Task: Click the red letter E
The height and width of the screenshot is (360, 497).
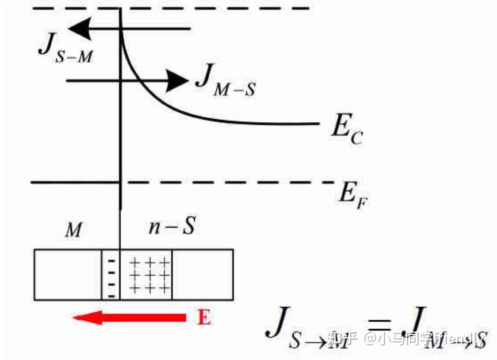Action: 204,317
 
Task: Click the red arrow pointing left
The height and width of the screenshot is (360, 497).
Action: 130,317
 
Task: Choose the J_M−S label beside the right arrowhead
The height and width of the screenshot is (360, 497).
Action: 225,83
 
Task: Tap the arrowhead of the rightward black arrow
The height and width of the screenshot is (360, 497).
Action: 179,81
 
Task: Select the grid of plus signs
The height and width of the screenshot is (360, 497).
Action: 149,275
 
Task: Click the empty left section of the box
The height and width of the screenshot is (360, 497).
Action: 67,275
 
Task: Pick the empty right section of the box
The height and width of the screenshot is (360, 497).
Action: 202,275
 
